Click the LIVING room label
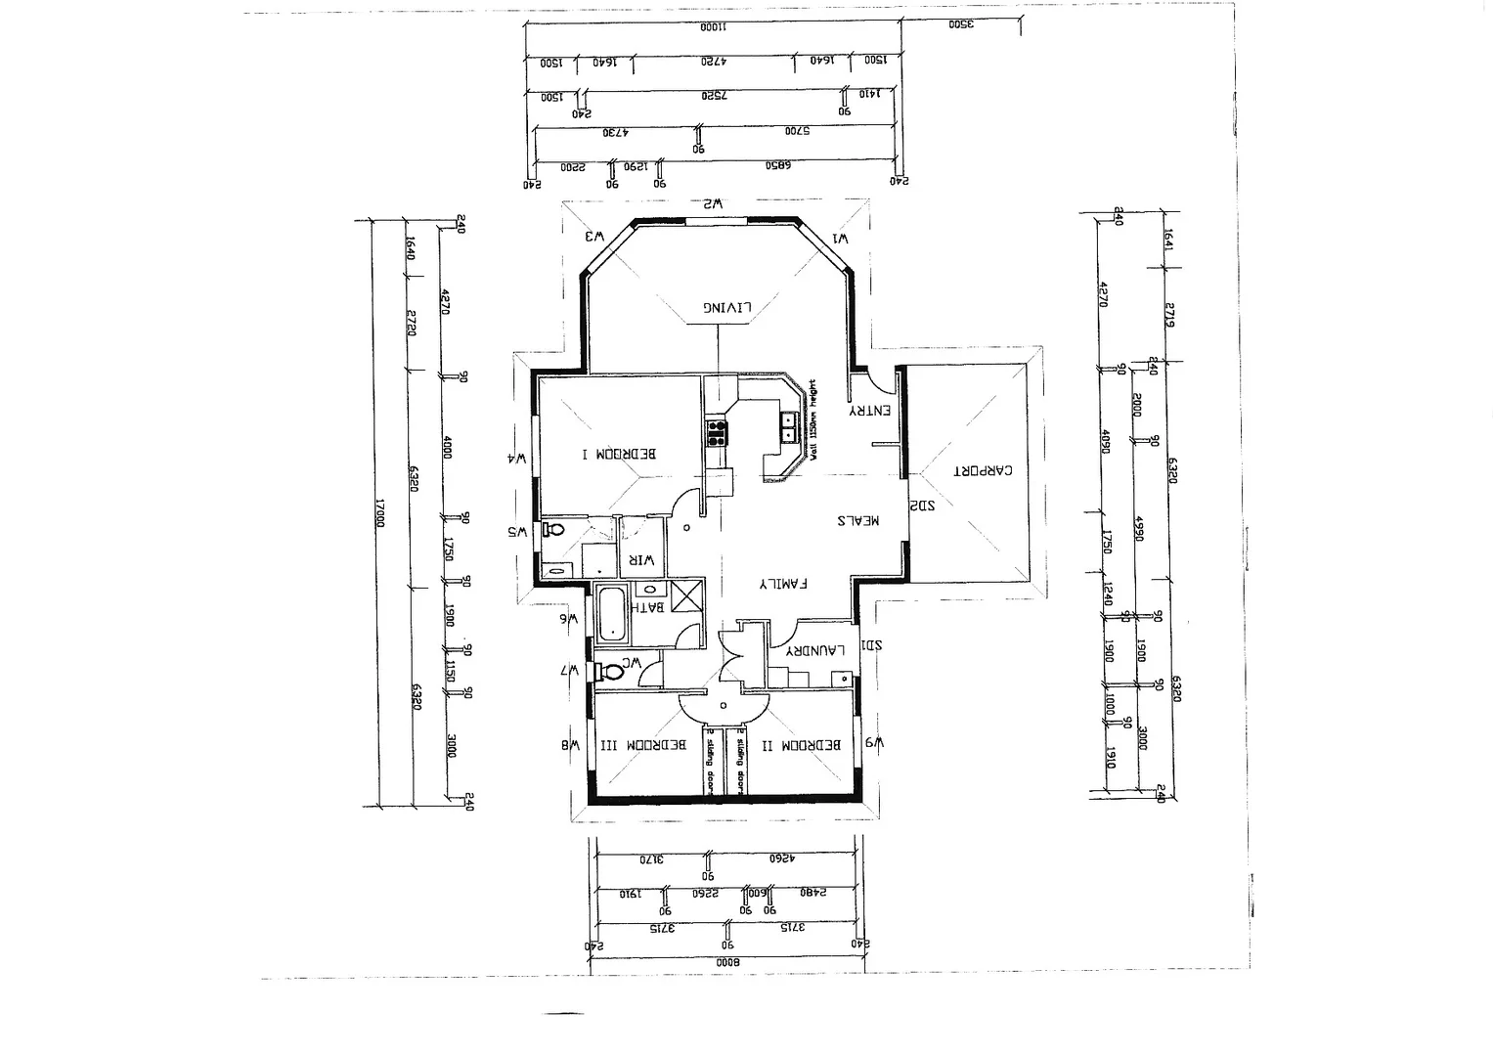coord(727,307)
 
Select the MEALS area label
coord(857,521)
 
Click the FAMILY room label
coord(784,584)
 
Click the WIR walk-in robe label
coord(640,560)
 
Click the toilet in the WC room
coord(613,671)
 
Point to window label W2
coord(712,204)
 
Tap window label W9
coord(875,744)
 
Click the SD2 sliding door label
coord(922,506)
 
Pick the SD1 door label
coord(872,646)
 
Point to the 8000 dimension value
coord(728,962)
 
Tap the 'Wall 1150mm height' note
coord(812,416)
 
